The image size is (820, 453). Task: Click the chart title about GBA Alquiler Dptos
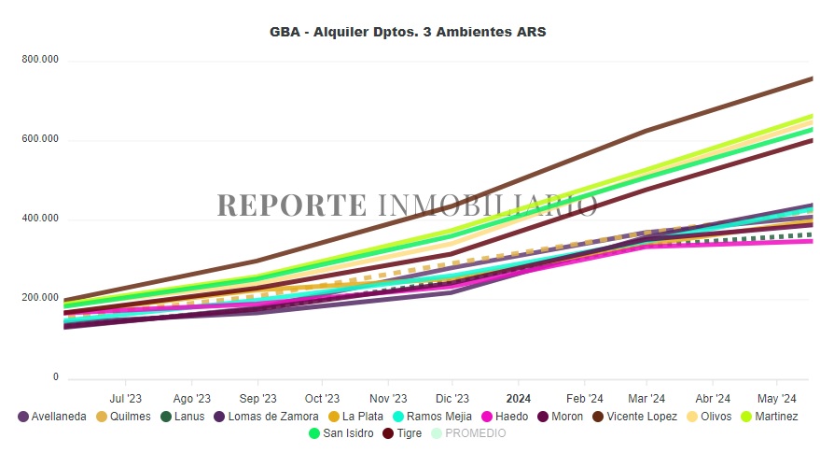(x=408, y=32)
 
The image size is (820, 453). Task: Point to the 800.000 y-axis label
(x=40, y=60)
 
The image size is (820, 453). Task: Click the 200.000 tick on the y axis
(x=40, y=299)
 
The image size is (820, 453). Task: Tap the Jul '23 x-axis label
(x=126, y=396)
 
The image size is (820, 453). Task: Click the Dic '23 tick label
(x=452, y=396)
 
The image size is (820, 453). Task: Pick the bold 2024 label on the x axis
(x=518, y=396)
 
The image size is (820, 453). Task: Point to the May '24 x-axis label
(x=779, y=396)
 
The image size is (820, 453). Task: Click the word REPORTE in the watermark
(x=293, y=205)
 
